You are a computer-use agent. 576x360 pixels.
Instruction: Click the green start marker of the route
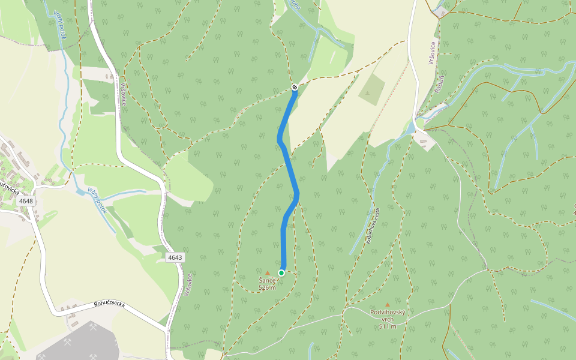pos(281,273)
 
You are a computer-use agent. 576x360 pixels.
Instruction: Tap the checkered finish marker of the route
pos(295,88)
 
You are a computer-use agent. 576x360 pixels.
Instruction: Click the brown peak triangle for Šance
pos(268,273)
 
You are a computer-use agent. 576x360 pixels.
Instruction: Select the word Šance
pos(267,280)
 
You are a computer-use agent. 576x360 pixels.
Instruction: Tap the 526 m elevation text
pos(267,287)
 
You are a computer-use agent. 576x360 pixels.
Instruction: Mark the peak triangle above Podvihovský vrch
pos(388,305)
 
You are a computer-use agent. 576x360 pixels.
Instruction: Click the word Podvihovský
pos(388,313)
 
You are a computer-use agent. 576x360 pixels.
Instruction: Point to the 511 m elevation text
pos(388,326)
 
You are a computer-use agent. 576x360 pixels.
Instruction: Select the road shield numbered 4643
pos(175,257)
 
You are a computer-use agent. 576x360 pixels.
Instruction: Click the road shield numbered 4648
pos(26,201)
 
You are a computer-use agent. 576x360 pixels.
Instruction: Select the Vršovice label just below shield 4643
pos(188,284)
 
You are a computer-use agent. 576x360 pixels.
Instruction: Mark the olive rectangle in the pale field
pos(372,89)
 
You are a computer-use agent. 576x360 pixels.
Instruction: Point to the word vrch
pos(388,320)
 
